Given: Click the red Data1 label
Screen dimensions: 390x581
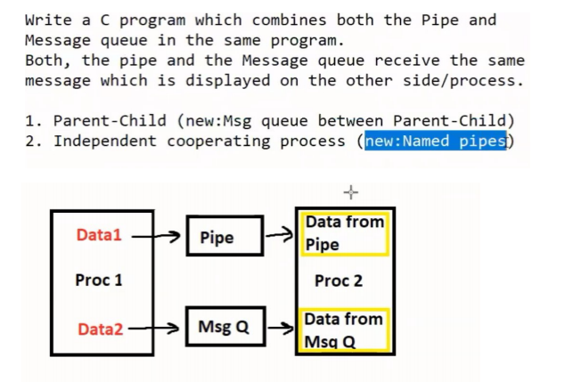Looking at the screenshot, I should [98, 235].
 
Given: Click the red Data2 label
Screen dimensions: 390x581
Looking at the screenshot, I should [100, 329].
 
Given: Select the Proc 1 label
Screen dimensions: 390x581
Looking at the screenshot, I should [99, 280].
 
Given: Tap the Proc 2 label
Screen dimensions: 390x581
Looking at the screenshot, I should [339, 280].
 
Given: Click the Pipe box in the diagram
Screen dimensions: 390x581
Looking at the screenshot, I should [225, 236].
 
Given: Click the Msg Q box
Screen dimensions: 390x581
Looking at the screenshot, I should [225, 328].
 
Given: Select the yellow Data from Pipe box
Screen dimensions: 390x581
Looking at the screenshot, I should [345, 233].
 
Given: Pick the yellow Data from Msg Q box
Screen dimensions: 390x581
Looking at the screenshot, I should [344, 329].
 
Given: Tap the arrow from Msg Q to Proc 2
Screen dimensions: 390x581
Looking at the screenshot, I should [280, 329].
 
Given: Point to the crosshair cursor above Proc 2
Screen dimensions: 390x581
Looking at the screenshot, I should [350, 191].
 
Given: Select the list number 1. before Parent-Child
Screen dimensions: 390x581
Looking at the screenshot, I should [34, 120].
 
